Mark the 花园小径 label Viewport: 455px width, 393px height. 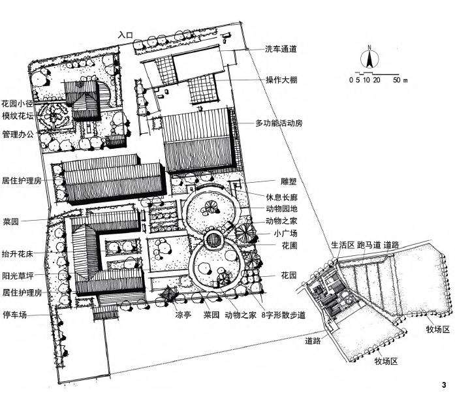tap(17, 103)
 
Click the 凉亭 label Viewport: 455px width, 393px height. tap(182, 313)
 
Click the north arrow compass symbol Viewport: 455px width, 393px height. tap(369, 58)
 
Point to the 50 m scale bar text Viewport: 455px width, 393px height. tap(400, 80)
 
